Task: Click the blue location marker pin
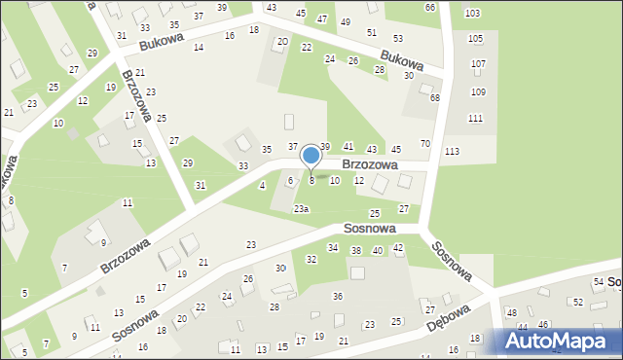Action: pyautogui.click(x=311, y=156)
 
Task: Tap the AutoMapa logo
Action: pyautogui.click(x=558, y=341)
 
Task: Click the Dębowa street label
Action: pyautogui.click(x=448, y=322)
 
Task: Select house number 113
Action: pyautogui.click(x=452, y=151)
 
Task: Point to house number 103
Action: pyautogui.click(x=472, y=13)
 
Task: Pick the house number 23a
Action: pyautogui.click(x=302, y=209)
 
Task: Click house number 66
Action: pyautogui.click(x=430, y=8)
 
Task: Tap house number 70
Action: pyautogui.click(x=424, y=144)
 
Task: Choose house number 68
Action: pyautogui.click(x=434, y=98)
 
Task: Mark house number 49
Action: pyautogui.click(x=346, y=21)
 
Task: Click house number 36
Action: pyautogui.click(x=338, y=296)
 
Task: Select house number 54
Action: pyautogui.click(x=598, y=281)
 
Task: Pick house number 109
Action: pyautogui.click(x=477, y=91)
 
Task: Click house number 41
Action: pyautogui.click(x=348, y=146)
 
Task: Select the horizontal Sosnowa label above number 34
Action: pyautogui.click(x=369, y=228)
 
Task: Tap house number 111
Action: pyautogui.click(x=475, y=118)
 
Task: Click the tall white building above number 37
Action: pyautogui.click(x=288, y=122)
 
